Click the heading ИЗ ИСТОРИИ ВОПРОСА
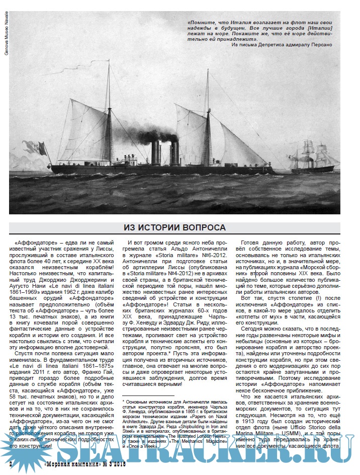pyautogui.click(x=175, y=227)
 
